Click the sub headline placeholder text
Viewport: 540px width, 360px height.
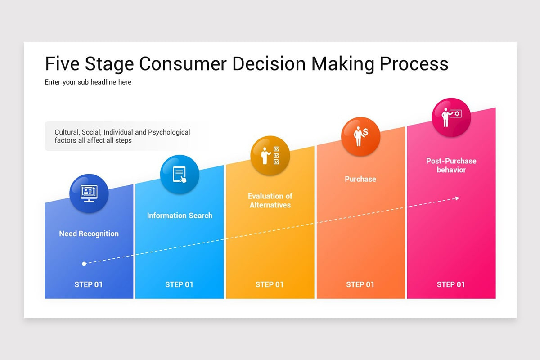click(x=88, y=82)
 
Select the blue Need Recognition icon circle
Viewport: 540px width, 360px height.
click(x=89, y=193)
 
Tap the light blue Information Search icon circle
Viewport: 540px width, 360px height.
click(x=180, y=175)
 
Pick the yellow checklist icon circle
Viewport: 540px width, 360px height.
click(x=270, y=156)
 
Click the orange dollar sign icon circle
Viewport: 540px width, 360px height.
click(x=360, y=137)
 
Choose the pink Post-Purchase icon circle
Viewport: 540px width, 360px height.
click(x=451, y=118)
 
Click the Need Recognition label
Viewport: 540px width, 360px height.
click(x=89, y=234)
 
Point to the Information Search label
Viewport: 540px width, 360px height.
click(x=180, y=216)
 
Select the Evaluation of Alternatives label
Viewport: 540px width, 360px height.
click(x=270, y=201)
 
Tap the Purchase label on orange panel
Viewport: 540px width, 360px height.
click(x=360, y=179)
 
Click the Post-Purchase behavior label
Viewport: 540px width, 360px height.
click(x=451, y=165)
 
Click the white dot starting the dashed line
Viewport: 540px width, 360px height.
click(x=84, y=263)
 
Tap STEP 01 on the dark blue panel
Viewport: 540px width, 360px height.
click(x=89, y=284)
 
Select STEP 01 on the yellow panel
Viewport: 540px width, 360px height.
click(x=270, y=284)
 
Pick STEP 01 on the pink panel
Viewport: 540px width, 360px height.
click(x=451, y=284)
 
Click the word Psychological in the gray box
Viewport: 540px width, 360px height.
click(x=169, y=132)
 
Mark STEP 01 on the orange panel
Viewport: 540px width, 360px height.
click(x=360, y=284)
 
